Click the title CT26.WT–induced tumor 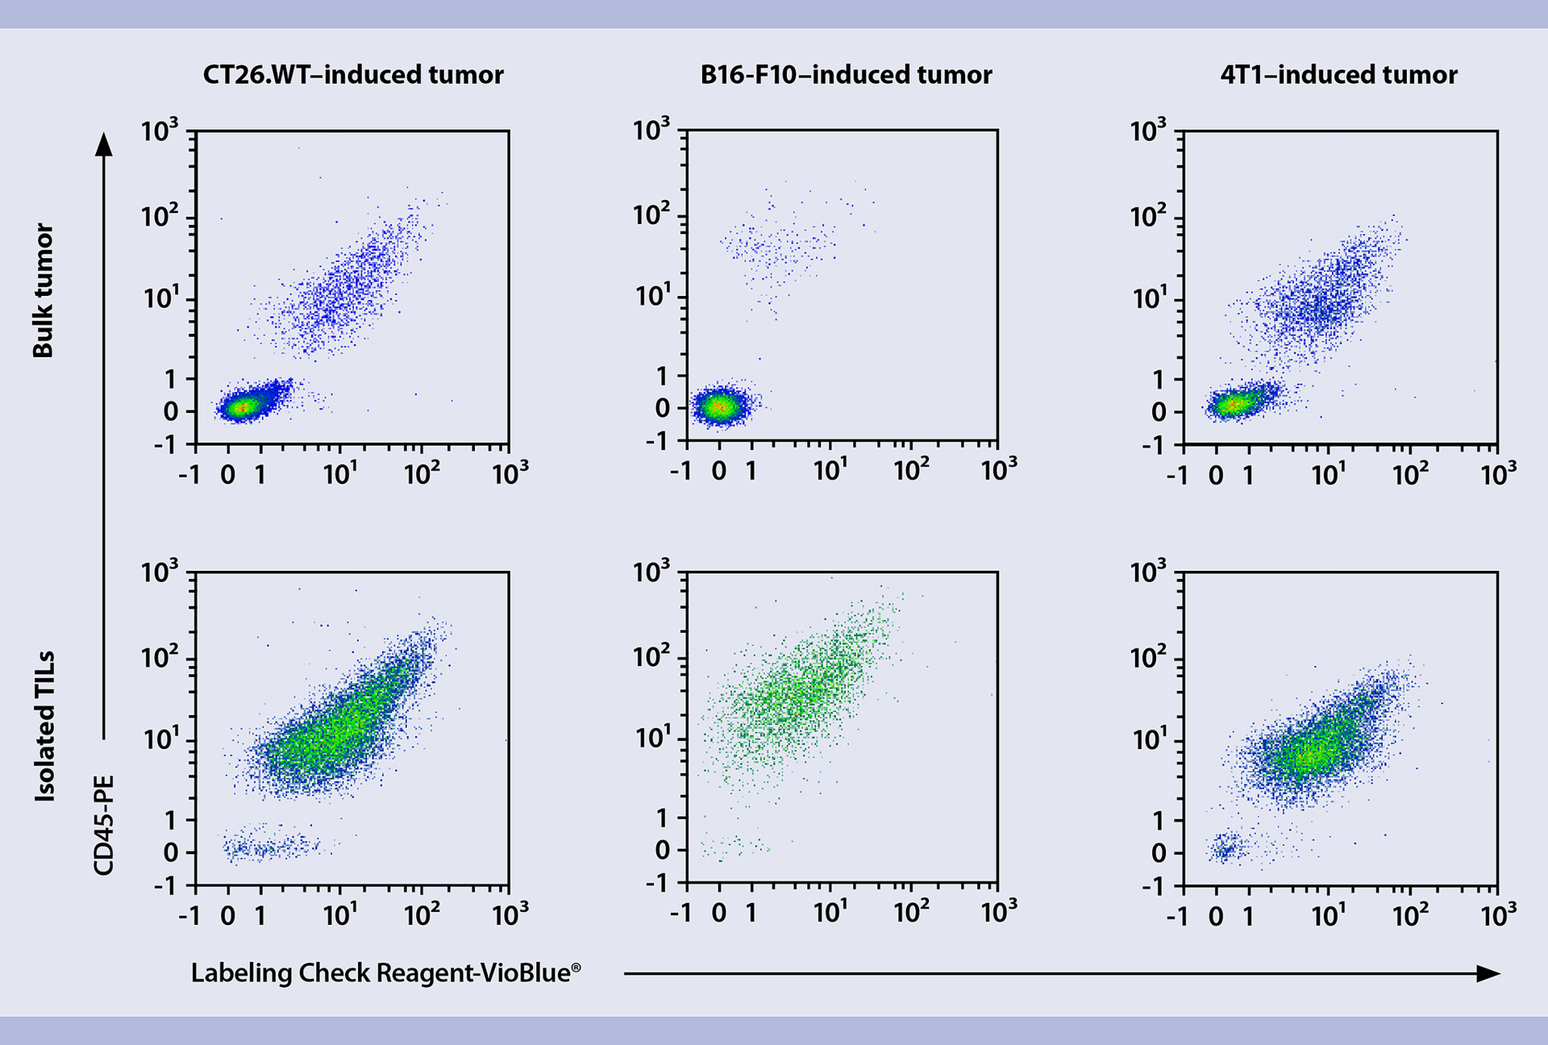(x=352, y=75)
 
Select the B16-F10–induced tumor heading (x=846, y=75)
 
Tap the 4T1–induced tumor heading (x=1338, y=75)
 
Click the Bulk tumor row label (x=43, y=290)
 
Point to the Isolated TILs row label (x=45, y=726)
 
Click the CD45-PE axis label (x=104, y=825)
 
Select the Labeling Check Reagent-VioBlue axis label (x=385, y=972)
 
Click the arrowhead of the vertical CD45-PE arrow (x=103, y=144)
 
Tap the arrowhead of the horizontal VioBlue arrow (x=1488, y=973)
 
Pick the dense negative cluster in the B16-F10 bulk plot (x=721, y=407)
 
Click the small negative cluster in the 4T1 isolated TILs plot (x=1226, y=847)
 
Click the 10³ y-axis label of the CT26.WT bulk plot (x=159, y=131)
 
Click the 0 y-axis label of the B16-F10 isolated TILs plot (x=662, y=850)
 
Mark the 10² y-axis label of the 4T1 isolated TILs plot (x=1147, y=658)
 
